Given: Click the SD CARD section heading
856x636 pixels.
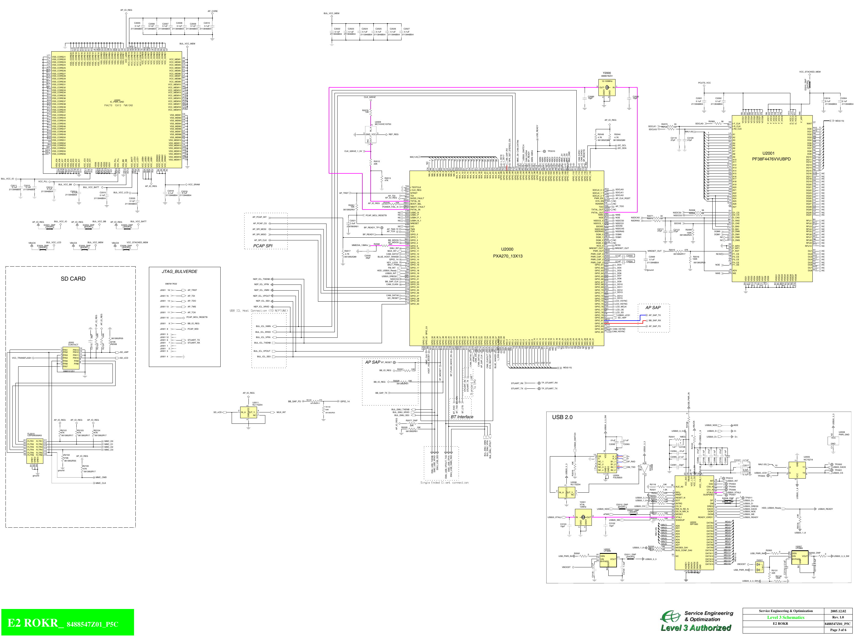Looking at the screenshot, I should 73,279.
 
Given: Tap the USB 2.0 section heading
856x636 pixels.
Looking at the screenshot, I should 562,417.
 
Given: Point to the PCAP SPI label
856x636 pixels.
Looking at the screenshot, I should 263,246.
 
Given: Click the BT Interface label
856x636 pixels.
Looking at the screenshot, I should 462,417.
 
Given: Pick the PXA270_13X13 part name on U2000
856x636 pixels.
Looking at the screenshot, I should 507,256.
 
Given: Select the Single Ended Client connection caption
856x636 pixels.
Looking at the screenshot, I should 444,482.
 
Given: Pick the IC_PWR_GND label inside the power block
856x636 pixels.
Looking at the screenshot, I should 117,102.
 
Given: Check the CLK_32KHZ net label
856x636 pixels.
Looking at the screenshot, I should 370,97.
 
